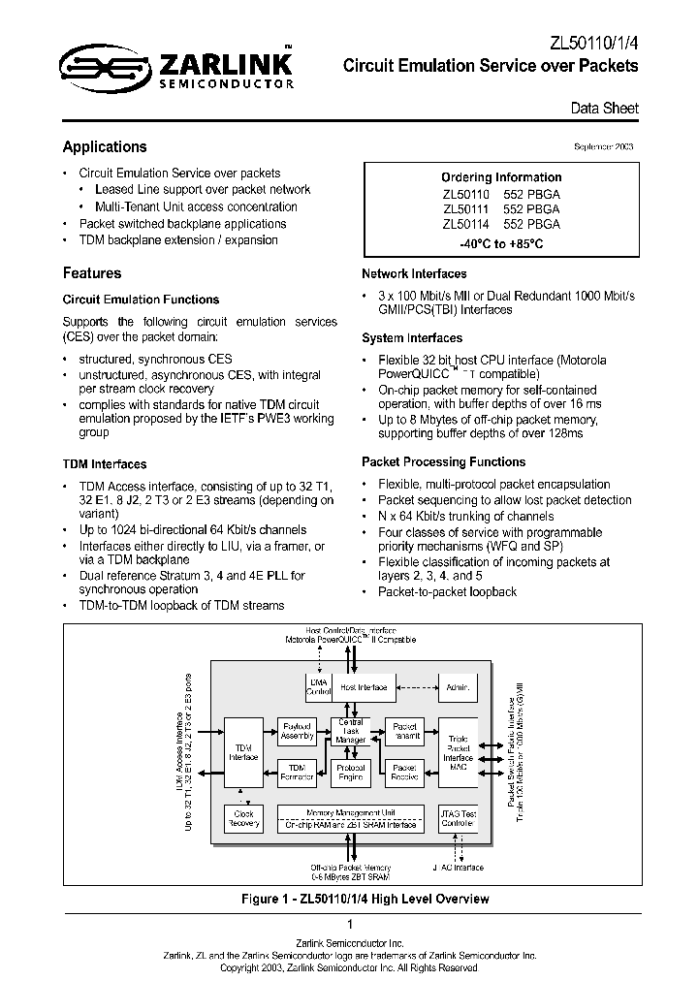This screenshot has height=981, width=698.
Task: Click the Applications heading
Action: point(105,147)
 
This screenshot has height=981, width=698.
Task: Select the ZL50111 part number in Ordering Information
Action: point(462,208)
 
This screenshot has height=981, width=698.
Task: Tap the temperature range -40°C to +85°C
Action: point(500,242)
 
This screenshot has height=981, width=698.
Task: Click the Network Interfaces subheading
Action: point(414,274)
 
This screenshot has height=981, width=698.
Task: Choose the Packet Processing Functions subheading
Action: point(443,462)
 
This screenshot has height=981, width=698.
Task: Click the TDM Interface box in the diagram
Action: point(243,752)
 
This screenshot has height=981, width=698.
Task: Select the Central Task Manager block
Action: point(350,731)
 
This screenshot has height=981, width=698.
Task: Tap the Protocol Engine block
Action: point(350,772)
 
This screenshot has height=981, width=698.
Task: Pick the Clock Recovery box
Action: point(243,819)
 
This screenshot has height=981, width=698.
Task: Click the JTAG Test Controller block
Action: point(459,819)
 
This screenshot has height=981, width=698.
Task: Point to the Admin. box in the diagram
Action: point(459,687)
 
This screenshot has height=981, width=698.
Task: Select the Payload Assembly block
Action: point(298,731)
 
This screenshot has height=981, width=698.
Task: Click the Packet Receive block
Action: point(404,772)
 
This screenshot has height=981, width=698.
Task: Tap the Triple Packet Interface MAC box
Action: point(459,752)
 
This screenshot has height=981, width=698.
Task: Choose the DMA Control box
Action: point(318,687)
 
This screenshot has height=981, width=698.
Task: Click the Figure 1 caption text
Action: point(365,899)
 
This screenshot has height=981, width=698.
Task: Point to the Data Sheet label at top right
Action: point(604,109)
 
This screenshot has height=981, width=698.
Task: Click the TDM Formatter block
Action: point(298,772)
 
